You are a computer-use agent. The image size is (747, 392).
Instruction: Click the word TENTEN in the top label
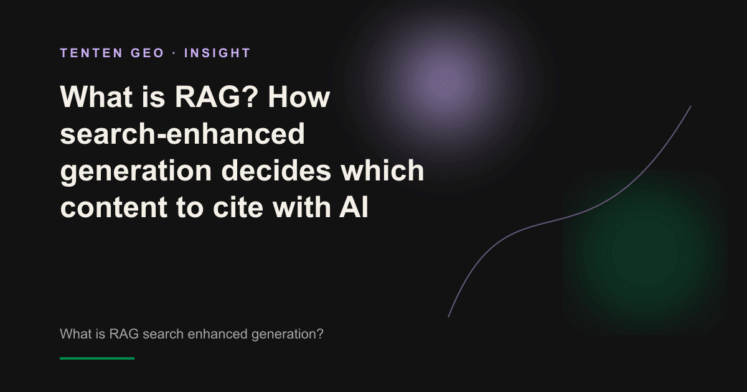click(92, 53)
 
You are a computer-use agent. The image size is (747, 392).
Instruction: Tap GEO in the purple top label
click(148, 53)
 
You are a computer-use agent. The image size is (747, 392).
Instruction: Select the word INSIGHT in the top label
click(217, 53)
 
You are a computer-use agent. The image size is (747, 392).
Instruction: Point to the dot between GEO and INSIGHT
click(174, 53)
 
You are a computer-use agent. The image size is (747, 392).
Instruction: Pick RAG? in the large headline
click(217, 96)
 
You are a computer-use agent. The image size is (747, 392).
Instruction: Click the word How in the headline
click(299, 96)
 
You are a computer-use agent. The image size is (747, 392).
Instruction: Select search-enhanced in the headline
click(182, 133)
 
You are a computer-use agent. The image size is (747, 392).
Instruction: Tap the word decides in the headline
click(276, 170)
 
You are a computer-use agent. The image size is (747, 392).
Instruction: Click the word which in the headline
click(382, 170)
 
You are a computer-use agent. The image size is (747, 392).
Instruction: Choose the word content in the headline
click(114, 207)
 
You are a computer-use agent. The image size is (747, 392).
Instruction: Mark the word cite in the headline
click(238, 207)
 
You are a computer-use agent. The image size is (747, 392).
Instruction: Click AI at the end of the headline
click(354, 207)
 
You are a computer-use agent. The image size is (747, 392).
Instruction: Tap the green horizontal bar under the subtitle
click(97, 358)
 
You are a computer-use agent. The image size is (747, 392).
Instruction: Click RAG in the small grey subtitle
click(124, 334)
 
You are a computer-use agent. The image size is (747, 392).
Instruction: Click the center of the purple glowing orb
click(444, 83)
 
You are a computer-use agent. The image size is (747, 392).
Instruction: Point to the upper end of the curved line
click(690, 106)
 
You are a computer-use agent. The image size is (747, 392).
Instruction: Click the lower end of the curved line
click(448, 317)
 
